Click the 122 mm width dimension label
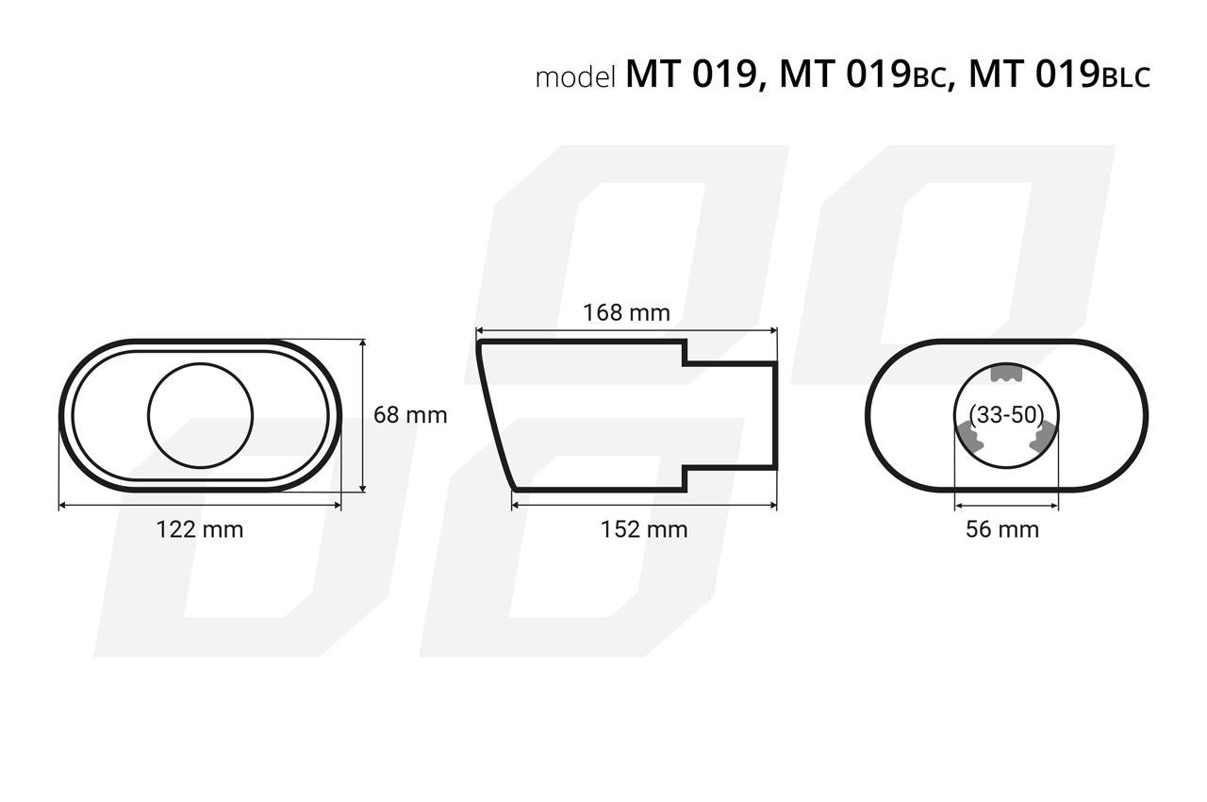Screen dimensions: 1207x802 200,529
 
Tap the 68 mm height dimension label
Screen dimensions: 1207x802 410,415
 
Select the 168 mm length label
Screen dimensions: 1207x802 627,312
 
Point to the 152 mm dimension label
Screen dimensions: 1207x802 644,529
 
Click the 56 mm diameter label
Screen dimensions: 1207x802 1002,529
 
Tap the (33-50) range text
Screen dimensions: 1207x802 1006,415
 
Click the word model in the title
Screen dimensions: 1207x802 575,77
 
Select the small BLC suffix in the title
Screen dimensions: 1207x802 1126,78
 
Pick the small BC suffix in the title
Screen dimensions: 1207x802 930,78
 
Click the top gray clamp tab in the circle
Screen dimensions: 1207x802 1006,373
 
